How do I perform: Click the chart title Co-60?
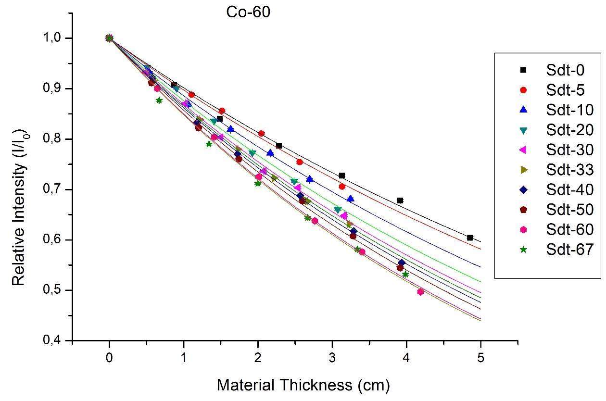248,13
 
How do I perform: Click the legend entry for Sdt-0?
565,70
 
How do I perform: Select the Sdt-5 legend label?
565,90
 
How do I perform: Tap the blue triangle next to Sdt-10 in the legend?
524,110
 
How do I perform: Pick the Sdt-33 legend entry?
569,170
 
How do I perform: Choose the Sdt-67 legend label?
569,249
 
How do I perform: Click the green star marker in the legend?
524,249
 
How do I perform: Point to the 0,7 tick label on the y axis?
53,189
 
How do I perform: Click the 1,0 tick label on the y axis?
53,38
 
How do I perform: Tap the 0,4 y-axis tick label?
53,340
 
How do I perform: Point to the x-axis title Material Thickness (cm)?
303,385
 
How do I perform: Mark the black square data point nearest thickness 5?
470,238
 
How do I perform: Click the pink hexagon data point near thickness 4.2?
421,292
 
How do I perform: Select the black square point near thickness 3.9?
400,200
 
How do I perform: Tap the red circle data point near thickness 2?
261,134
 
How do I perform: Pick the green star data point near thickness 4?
405,275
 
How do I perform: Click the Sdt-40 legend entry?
569,189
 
